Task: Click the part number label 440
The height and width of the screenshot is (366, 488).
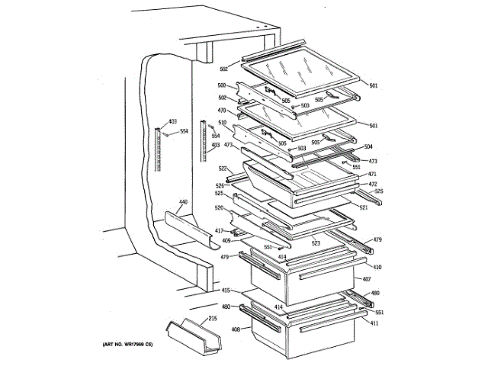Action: pyautogui.click(x=183, y=203)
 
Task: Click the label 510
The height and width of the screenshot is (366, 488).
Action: pyautogui.click(x=222, y=122)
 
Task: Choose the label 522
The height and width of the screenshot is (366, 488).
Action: pyautogui.click(x=223, y=169)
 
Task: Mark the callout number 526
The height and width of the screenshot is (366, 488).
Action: pyautogui.click(x=220, y=185)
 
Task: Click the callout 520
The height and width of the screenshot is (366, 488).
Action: pyautogui.click(x=219, y=208)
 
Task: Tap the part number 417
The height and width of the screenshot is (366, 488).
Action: pyautogui.click(x=219, y=230)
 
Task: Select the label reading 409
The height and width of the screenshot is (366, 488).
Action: pyautogui.click(x=227, y=242)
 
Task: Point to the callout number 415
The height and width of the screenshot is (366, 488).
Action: pyautogui.click(x=226, y=290)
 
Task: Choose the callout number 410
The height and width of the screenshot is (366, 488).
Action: pyautogui.click(x=377, y=267)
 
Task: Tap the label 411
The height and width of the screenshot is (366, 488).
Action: pyautogui.click(x=374, y=323)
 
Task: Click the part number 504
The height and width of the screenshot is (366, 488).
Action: pyautogui.click(x=369, y=146)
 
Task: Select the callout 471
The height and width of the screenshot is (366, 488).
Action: pyautogui.click(x=373, y=174)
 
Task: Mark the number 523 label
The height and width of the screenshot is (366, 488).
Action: pyautogui.click(x=315, y=243)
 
